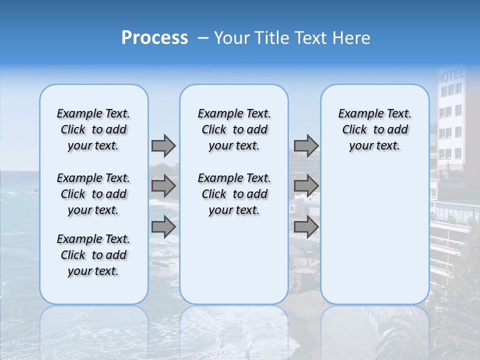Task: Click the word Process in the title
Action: click(x=154, y=38)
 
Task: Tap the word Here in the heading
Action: click(x=352, y=38)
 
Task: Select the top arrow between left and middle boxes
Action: click(x=163, y=145)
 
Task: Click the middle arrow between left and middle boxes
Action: click(x=163, y=186)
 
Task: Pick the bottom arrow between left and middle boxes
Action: click(x=163, y=226)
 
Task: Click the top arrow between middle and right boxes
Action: click(x=306, y=145)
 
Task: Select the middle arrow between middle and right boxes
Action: click(x=306, y=186)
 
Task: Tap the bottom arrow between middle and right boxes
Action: click(x=306, y=226)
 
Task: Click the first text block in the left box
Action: click(x=93, y=129)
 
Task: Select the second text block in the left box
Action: click(x=93, y=194)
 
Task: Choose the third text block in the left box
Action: click(x=93, y=255)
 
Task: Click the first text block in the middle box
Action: click(x=234, y=129)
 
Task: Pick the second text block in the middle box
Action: click(x=234, y=194)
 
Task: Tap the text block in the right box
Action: click(x=374, y=129)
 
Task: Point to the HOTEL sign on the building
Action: click(x=451, y=76)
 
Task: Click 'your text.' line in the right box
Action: click(x=374, y=146)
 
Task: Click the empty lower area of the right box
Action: click(x=374, y=235)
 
